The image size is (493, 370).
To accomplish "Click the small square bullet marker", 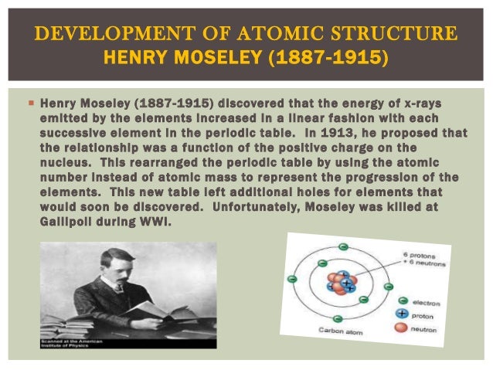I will pyautogui.click(x=30, y=102).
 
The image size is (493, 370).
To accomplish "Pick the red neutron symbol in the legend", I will pyautogui.click(x=403, y=328).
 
